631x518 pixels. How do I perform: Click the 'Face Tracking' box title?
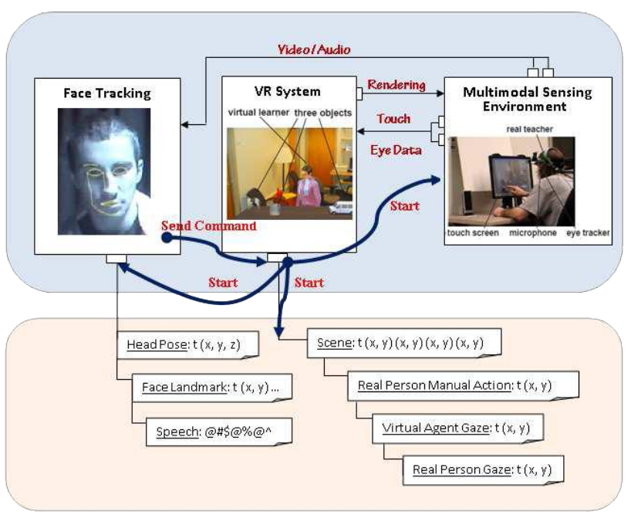[x=107, y=93]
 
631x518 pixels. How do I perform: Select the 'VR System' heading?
[x=287, y=91]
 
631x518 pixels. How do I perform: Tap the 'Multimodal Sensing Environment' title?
[x=527, y=99]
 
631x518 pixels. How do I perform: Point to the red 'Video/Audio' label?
[x=314, y=49]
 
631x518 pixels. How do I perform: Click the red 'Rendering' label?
[x=396, y=85]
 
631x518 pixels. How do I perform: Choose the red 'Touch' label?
[x=393, y=118]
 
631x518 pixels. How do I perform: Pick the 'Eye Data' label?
[x=396, y=151]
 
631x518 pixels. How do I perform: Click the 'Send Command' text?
[x=209, y=225]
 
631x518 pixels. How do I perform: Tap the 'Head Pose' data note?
[x=187, y=345]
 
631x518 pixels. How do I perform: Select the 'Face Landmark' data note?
[x=212, y=388]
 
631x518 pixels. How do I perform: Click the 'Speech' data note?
[x=219, y=432]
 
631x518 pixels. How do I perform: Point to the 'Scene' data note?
[x=404, y=344]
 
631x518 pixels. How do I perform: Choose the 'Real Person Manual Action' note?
[x=463, y=385]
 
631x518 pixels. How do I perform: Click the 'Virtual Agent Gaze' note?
[x=458, y=428]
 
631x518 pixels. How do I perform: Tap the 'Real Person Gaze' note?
[x=483, y=469]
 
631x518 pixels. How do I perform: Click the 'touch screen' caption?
[x=473, y=233]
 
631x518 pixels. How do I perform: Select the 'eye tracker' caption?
[x=588, y=233]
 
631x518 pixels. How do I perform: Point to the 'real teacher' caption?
[x=530, y=129]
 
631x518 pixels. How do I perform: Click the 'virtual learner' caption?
[x=258, y=113]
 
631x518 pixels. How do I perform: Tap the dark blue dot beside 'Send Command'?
[x=167, y=238]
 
